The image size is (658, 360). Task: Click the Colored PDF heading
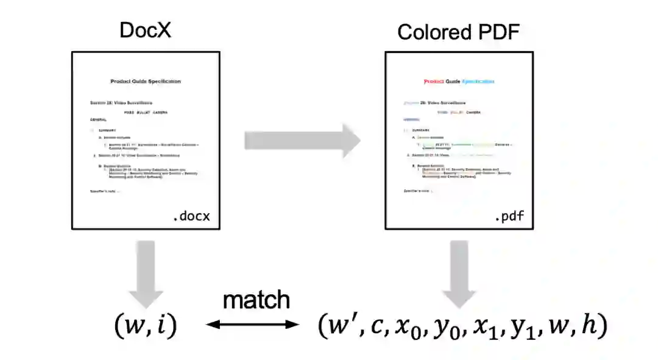point(458,32)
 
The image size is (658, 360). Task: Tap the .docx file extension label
point(194,217)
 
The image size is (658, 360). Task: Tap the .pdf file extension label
point(509,217)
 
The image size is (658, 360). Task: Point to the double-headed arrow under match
point(253,325)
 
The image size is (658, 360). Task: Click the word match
point(256,300)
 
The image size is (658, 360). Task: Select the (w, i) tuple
point(145,327)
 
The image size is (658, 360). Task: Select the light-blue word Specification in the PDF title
point(478,82)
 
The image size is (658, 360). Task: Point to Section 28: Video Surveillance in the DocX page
point(121,103)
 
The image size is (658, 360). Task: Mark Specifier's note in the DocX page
point(105,191)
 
